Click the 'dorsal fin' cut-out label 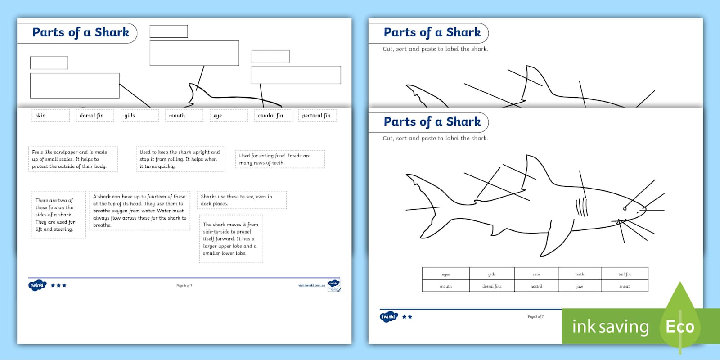coord(94,116)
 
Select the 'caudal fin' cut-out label coord(273,116)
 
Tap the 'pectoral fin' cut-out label coord(317,116)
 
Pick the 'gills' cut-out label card coord(139,116)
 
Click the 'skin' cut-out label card coord(50,116)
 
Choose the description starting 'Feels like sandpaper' coord(72,159)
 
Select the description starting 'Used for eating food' coord(279,159)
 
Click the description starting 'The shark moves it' coord(231,239)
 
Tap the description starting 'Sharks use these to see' coord(242,200)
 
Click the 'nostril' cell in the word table coord(536,286)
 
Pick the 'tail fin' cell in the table coord(624,274)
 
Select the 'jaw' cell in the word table coord(580,286)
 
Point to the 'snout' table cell coord(624,286)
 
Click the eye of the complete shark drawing coord(625,208)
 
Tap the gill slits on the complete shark coord(582,207)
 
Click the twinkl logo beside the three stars coord(37,285)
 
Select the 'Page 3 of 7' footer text coord(535,317)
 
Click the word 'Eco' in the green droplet coord(680,326)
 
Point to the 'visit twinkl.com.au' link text coord(311,285)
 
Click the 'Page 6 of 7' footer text coord(184,285)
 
